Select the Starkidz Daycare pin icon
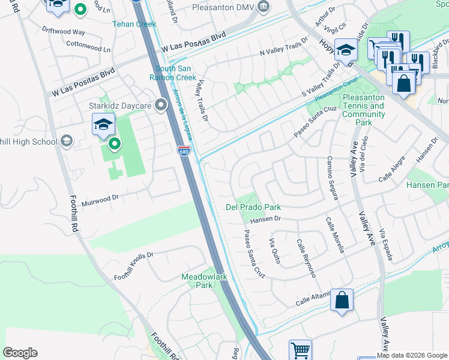pos(160,105)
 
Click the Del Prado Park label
pos(253,207)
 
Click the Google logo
pos(20,353)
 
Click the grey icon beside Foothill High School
pos(67,142)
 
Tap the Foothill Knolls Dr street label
pos(134,266)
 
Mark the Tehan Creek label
pos(134,25)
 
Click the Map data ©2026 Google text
pos(412,355)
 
